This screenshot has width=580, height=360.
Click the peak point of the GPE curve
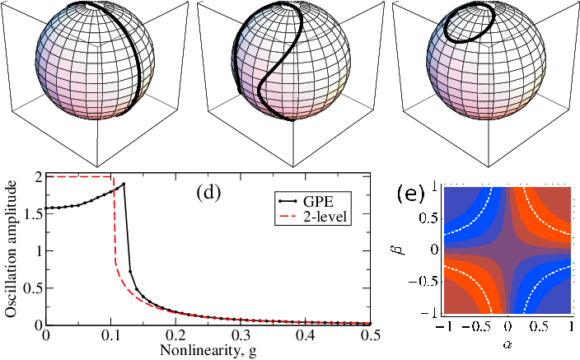pos(124,184)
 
